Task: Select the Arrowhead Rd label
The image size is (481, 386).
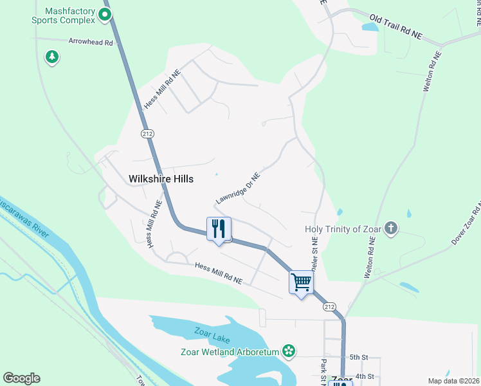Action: pos(91,42)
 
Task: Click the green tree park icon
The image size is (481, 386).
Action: pos(52,57)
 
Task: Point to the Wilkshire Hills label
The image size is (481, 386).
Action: pos(161,179)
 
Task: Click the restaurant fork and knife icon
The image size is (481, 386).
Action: pos(219,229)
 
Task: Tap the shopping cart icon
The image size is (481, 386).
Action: pos(301,282)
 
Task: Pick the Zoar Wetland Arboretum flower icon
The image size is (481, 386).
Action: pos(289,351)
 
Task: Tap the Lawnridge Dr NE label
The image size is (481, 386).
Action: pos(238,188)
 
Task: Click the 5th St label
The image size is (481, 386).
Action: pos(358,357)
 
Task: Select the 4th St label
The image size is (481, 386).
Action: pos(364,376)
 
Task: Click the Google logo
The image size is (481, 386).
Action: pos(21,378)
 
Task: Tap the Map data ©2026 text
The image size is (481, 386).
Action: pos(454,381)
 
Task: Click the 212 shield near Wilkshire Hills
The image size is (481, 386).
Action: pos(147,133)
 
